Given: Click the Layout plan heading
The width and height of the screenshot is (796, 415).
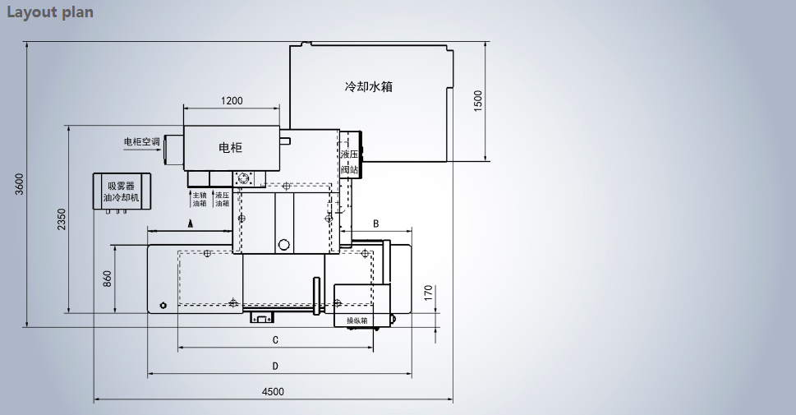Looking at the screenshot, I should (x=50, y=12).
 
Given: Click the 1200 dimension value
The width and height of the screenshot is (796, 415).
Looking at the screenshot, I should (x=232, y=101).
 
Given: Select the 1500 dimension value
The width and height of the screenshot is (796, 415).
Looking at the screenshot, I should (x=478, y=100).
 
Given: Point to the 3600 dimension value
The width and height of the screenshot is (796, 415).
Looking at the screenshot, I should (x=19, y=185).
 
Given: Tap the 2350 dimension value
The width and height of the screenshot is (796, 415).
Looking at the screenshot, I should (x=62, y=219).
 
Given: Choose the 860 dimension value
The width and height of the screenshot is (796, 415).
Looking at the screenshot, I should (x=108, y=279).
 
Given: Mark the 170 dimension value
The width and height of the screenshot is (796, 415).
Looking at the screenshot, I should (x=428, y=293).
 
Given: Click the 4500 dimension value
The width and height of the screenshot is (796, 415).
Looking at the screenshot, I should (x=273, y=392).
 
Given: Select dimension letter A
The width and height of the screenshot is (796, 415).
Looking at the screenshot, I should (x=190, y=223).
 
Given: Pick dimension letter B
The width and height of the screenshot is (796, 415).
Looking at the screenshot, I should (x=375, y=223).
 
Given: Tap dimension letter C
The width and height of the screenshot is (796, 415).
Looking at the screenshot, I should (x=275, y=340).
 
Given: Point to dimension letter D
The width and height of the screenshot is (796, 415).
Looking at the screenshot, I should (x=275, y=366).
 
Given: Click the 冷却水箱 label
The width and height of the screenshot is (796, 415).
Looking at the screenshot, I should (x=367, y=86).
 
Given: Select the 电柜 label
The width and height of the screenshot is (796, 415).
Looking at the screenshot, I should (x=231, y=148).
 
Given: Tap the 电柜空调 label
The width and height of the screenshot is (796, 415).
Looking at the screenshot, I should (x=141, y=141).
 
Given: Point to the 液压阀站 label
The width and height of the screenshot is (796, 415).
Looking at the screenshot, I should (x=350, y=161).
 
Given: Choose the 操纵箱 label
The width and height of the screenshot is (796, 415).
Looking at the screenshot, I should (x=356, y=320).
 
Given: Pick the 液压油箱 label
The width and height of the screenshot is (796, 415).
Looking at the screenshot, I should (x=221, y=199).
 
